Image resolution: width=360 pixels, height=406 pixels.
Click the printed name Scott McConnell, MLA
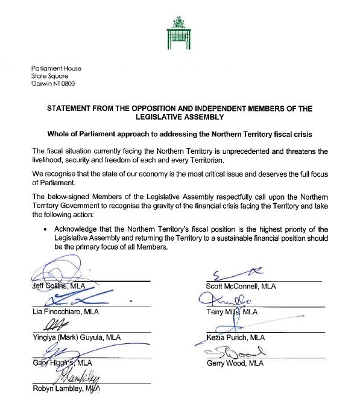point(241,287)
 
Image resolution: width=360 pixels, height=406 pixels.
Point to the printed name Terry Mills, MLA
point(232,312)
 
